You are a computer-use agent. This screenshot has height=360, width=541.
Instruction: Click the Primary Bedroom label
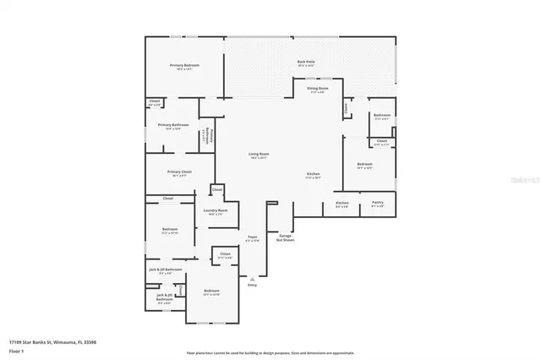pyautogui.click(x=183, y=66)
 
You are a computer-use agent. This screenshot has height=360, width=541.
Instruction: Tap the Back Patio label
pyautogui.click(x=306, y=63)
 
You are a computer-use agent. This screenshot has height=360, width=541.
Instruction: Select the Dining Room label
pyautogui.click(x=318, y=89)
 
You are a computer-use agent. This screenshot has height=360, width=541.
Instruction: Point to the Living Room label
pyautogui.click(x=258, y=155)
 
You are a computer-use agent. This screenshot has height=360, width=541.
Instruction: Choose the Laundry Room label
pyautogui.click(x=216, y=211)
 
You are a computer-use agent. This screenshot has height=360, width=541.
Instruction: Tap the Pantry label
pyautogui.click(x=377, y=204)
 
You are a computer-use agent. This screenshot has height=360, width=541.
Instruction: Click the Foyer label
pyautogui.click(x=252, y=238)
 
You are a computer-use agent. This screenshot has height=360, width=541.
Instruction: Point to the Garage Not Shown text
pyautogui.click(x=285, y=239)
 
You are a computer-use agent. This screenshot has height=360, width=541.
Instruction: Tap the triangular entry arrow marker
pyautogui.click(x=252, y=278)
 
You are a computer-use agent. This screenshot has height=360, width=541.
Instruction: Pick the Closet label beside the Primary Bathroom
pyautogui.click(x=155, y=103)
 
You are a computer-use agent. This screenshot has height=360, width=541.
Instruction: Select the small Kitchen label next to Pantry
pyautogui.click(x=342, y=204)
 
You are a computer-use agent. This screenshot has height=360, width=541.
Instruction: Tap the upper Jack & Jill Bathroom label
pyautogui.click(x=166, y=270)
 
